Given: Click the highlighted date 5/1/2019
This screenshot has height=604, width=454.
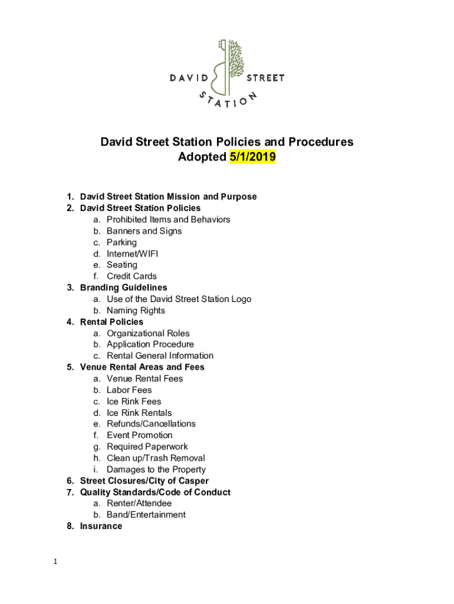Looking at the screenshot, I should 252,157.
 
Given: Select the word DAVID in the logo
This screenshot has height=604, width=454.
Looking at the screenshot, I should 189,78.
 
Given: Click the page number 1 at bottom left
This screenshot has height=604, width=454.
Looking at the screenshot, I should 54,562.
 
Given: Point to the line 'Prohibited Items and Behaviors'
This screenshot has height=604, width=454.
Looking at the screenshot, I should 168,219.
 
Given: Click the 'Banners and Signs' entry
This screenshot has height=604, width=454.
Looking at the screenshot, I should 144,231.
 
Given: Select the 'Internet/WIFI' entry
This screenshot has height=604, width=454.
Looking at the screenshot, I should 132,254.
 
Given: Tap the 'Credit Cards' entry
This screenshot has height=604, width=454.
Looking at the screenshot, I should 131,276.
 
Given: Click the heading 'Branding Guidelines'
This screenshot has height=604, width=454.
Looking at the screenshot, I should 123,288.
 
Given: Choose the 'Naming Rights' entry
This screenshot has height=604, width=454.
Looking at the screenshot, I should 136,310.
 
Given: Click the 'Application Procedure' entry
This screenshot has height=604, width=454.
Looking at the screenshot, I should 150,344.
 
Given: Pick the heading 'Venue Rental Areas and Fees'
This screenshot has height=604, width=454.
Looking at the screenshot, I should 142,367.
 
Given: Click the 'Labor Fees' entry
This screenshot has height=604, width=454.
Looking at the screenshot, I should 129,390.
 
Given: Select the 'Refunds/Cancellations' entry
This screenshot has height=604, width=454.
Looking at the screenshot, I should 151,424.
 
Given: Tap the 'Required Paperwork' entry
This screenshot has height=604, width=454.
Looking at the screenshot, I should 147,447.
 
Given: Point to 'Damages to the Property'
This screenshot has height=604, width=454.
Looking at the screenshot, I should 156,470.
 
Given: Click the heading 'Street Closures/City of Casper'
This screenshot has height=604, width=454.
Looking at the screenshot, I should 144,481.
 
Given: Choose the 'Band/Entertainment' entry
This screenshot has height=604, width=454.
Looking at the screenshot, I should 146,514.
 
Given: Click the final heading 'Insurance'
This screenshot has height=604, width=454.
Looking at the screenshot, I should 101,526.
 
